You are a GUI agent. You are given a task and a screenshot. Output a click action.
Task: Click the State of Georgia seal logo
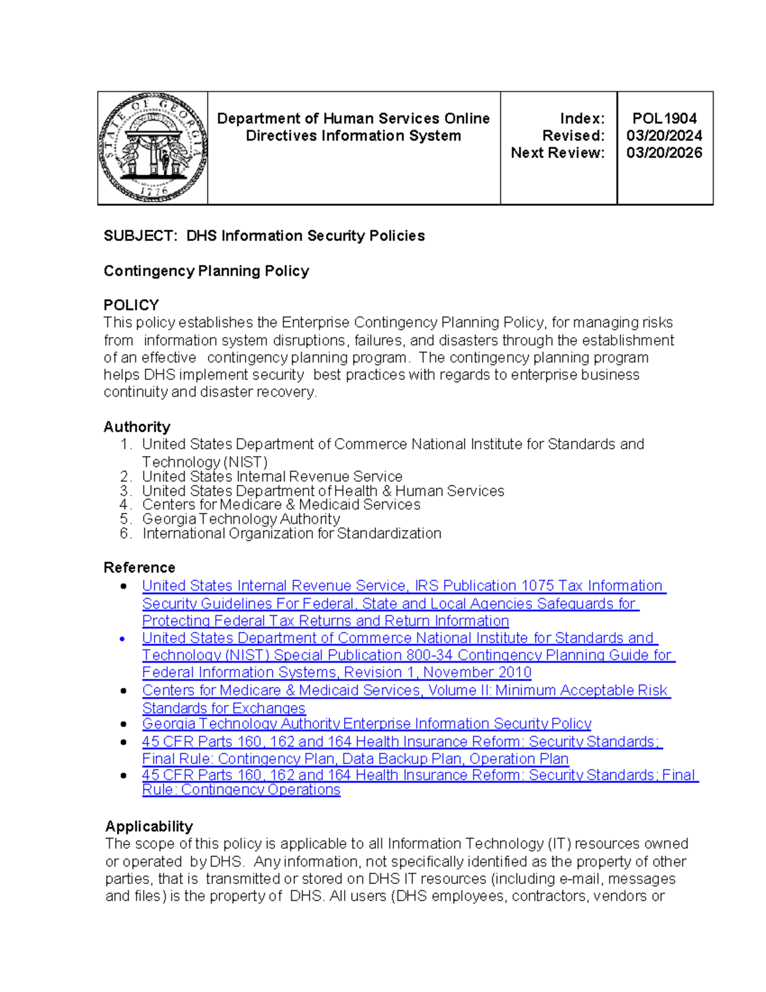[153, 148]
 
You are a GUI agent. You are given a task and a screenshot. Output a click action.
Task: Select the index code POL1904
[665, 118]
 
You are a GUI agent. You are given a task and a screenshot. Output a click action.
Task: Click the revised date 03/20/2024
[664, 135]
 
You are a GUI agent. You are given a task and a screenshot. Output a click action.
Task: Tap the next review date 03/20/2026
[664, 153]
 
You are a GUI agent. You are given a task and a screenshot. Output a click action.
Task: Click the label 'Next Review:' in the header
[557, 153]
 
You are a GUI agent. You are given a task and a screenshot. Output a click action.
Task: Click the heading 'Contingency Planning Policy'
[206, 271]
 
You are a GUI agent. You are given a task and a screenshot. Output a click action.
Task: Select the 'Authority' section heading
[137, 427]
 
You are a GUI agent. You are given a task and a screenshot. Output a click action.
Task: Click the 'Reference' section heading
[139, 567]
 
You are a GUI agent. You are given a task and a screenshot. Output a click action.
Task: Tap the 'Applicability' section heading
[149, 826]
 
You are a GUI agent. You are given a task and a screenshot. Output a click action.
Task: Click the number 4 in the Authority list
[124, 505]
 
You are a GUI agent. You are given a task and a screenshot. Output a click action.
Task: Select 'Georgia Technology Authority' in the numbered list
[241, 519]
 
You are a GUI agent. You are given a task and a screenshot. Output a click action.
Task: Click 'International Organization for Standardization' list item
[292, 533]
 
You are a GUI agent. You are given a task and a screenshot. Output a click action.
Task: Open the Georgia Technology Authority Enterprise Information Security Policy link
[366, 724]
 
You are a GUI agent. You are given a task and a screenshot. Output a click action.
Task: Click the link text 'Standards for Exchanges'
[223, 708]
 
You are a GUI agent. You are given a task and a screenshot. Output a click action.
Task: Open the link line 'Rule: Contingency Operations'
[241, 790]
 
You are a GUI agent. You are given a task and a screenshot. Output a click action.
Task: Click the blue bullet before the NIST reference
[123, 638]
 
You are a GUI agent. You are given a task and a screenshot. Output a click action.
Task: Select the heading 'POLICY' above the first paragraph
[131, 305]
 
